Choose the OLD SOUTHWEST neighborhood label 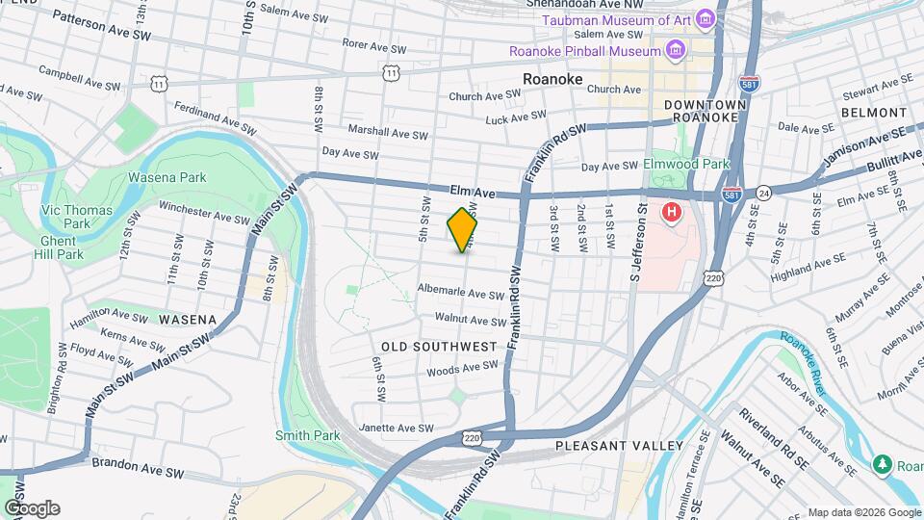point(439,346)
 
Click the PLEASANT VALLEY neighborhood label point(619,446)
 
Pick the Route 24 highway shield point(762,193)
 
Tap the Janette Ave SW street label point(396,428)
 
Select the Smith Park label point(308,435)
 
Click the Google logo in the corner point(32,507)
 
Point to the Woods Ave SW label point(462,367)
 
